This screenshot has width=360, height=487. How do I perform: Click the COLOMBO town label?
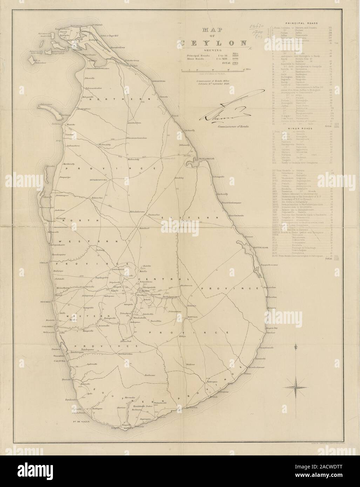coord(48,326)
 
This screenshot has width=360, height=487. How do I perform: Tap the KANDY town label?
coord(143,291)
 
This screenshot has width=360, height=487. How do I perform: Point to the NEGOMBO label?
coord(46,301)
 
